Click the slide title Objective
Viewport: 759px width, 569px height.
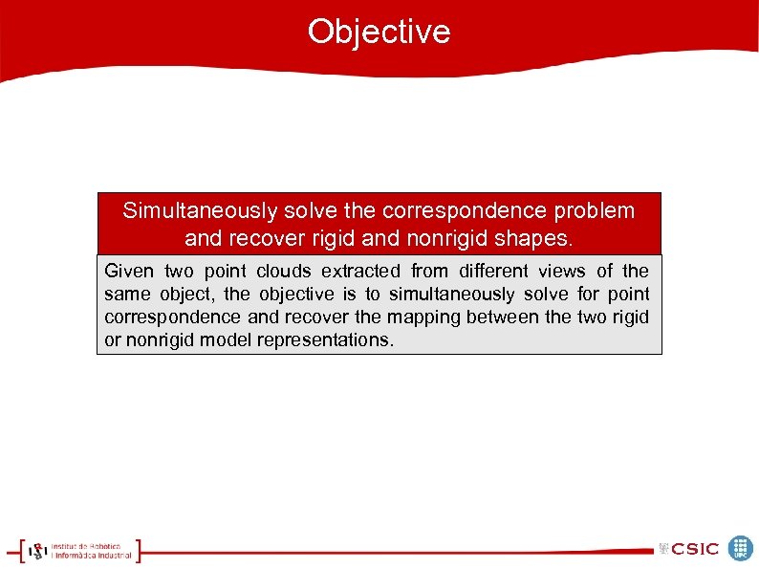(x=379, y=32)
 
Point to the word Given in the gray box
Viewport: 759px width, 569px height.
(x=129, y=272)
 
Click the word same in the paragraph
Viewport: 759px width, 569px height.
(x=125, y=295)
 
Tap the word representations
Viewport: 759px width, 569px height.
(x=325, y=340)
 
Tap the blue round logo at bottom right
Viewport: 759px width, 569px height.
(x=741, y=548)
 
